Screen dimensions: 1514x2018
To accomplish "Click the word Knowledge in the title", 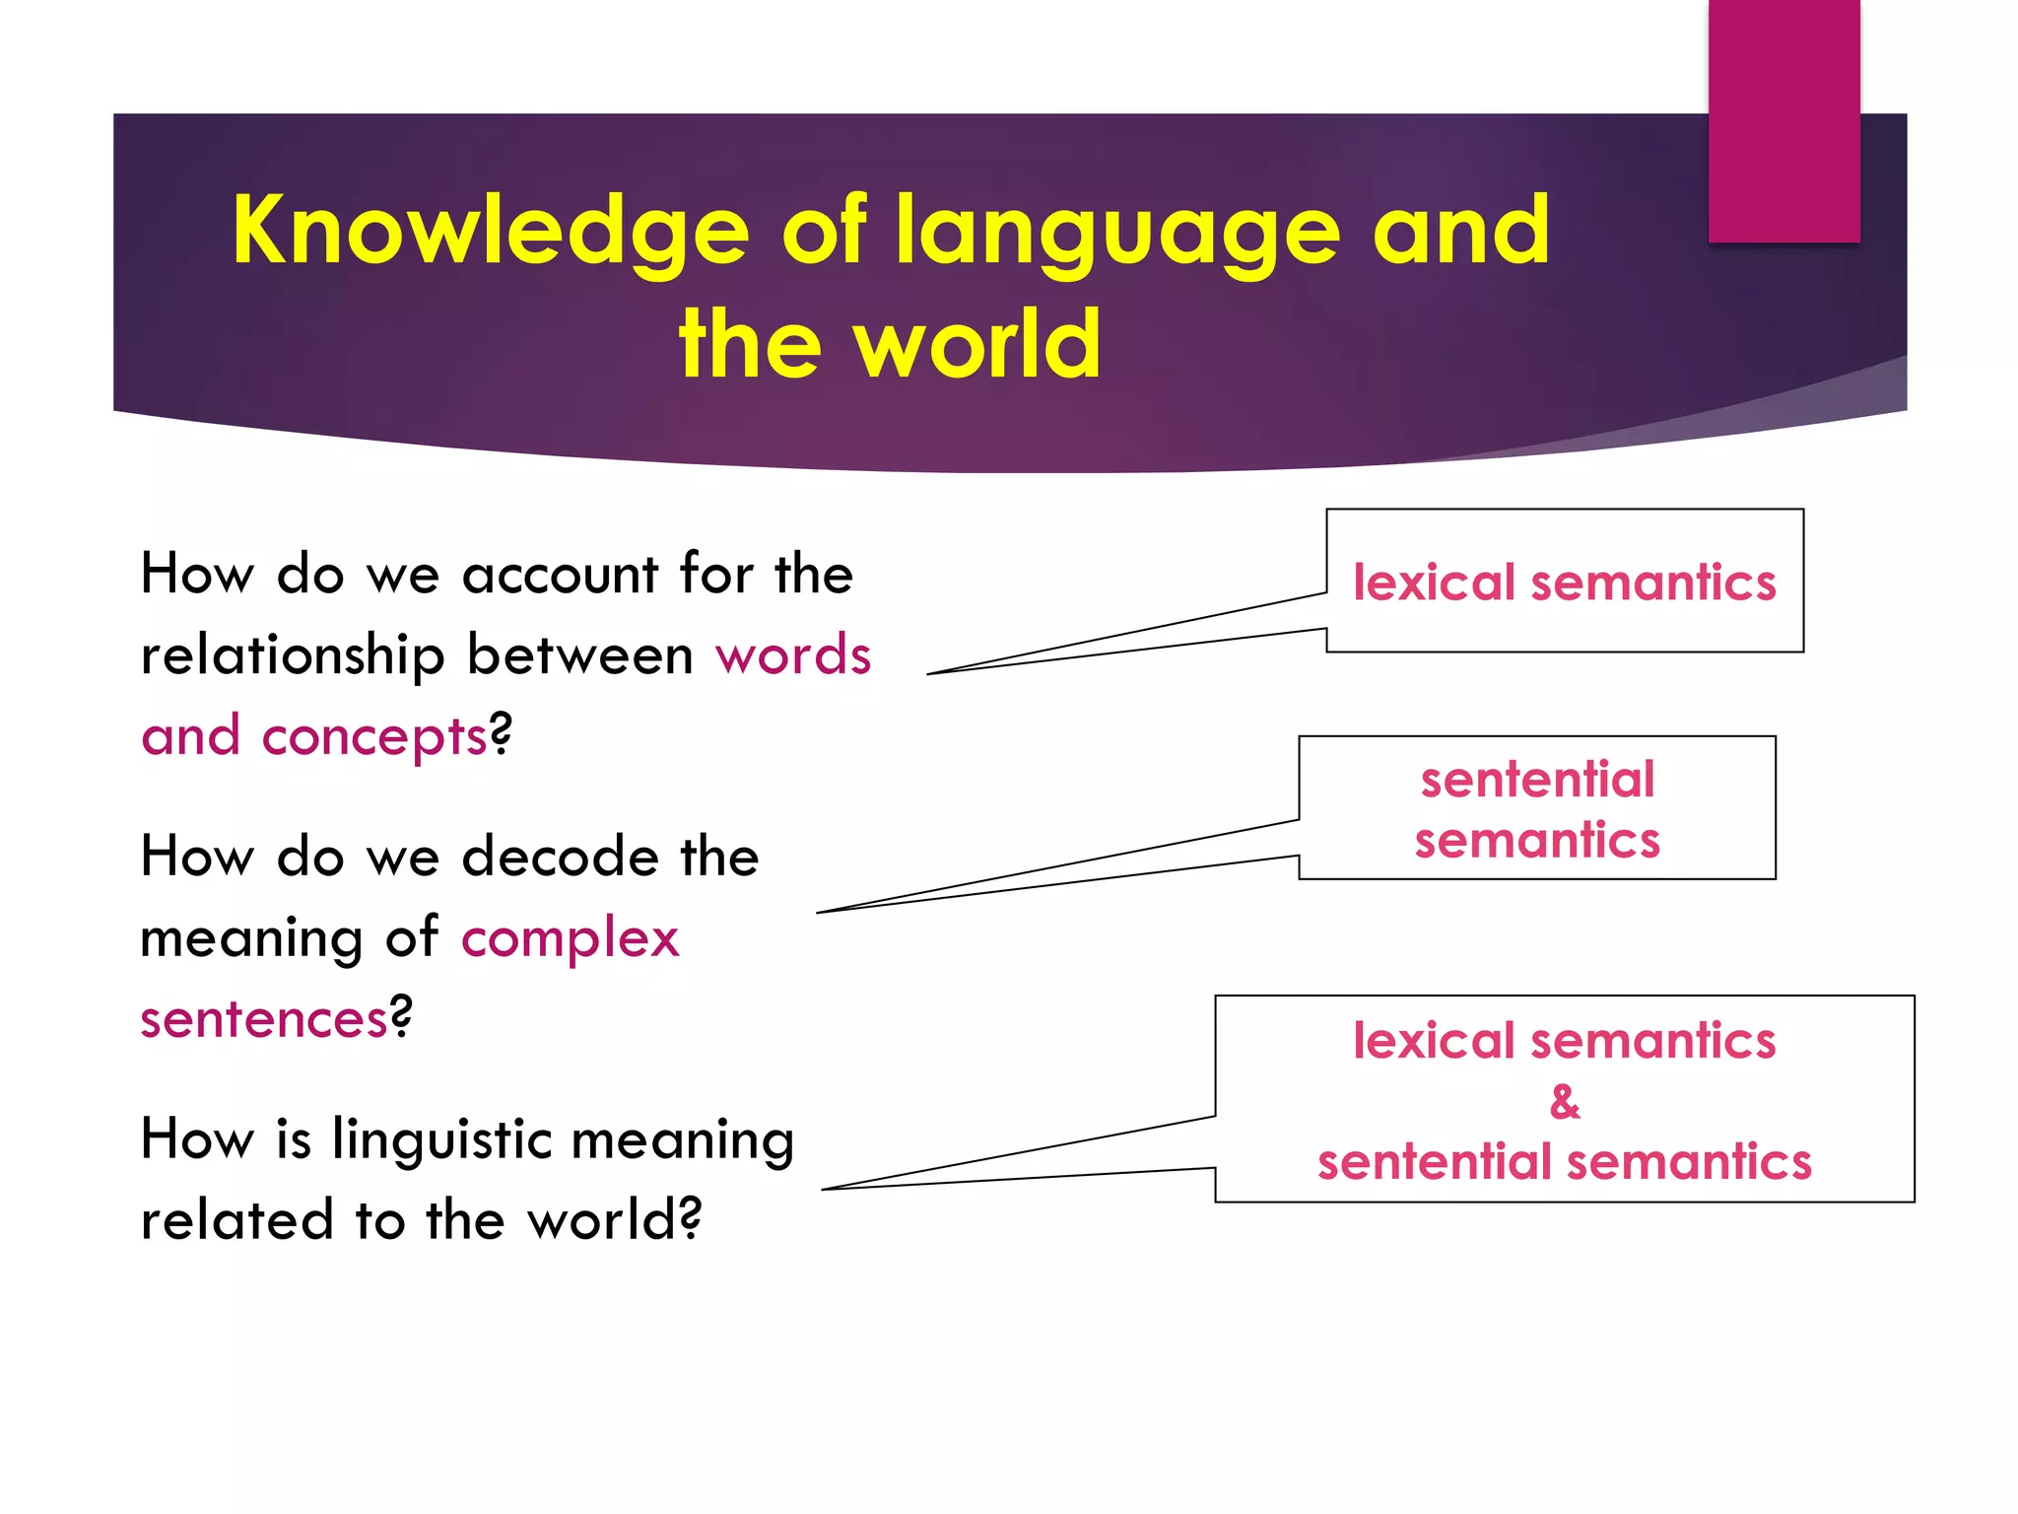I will click(x=491, y=231).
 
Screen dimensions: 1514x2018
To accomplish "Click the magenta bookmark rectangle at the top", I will click(x=1783, y=120).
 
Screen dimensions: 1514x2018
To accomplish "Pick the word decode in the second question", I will click(x=560, y=857).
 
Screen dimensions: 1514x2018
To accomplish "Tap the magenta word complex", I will click(x=570, y=938).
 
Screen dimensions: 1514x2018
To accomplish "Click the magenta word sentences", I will click(x=264, y=1019).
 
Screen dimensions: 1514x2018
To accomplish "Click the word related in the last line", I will click(x=236, y=1221).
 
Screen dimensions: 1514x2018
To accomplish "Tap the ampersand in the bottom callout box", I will click(x=1565, y=1101).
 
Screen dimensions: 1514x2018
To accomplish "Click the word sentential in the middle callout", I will click(x=1537, y=780).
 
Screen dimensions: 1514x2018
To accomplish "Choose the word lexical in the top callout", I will click(x=1434, y=583).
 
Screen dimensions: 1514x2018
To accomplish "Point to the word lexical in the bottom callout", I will click(x=1434, y=1041).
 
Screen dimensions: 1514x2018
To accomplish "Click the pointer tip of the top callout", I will click(x=930, y=674).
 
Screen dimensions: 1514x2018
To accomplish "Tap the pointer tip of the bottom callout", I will click(x=824, y=1190).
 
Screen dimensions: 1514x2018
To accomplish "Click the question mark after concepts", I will click(x=501, y=734).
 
